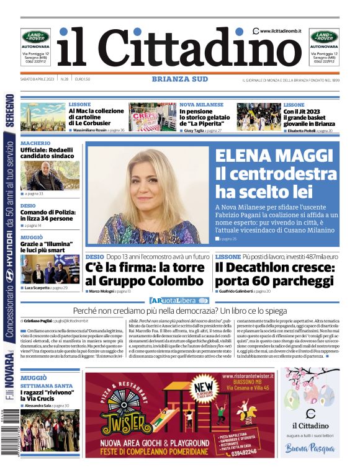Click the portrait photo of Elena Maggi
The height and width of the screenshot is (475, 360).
(x=149, y=194)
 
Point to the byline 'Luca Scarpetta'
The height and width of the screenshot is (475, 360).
(x=38, y=288)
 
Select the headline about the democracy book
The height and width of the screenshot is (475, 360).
(x=180, y=309)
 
